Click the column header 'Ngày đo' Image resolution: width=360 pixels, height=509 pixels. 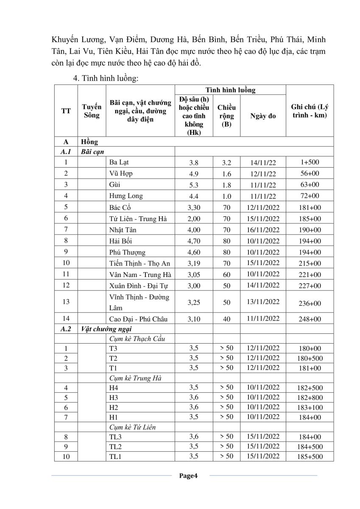click(263, 116)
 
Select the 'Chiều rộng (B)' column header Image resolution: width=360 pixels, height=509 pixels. click(226, 116)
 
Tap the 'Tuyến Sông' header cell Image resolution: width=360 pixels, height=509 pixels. click(92, 111)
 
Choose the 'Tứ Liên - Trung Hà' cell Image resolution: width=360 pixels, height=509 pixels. click(138, 218)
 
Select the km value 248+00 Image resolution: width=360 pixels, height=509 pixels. click(310, 319)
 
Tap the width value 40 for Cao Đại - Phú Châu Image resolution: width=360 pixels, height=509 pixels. click(226, 319)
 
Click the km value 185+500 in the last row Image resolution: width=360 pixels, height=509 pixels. click(310, 457)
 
